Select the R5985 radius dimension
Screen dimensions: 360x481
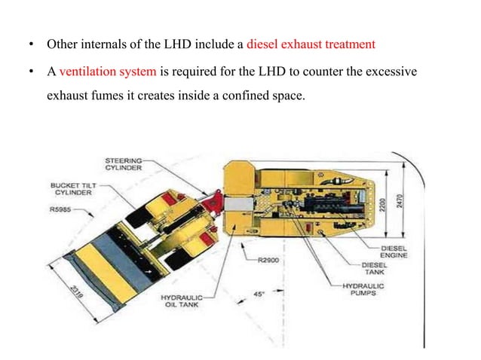(x=61, y=211)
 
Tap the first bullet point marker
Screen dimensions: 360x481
(x=31, y=44)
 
